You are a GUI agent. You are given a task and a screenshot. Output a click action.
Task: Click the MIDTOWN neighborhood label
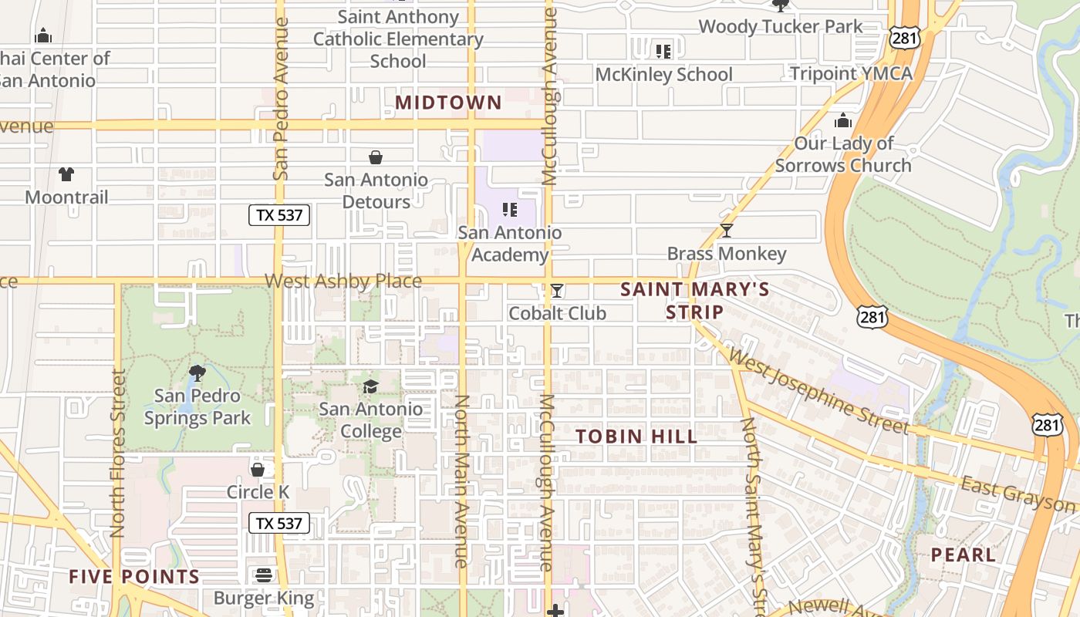(448, 103)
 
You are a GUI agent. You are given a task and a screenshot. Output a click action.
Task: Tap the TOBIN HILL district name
(636, 436)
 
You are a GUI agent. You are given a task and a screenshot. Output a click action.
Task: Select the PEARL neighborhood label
(963, 555)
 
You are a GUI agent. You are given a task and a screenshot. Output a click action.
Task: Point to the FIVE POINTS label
(134, 576)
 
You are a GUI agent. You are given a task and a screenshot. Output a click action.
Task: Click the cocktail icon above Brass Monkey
(726, 231)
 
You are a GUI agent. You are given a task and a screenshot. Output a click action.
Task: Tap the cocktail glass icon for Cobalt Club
(557, 291)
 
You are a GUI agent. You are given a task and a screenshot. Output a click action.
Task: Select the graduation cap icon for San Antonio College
(371, 386)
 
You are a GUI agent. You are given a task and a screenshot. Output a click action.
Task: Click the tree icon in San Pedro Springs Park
(197, 373)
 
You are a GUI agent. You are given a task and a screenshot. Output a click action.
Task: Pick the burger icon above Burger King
(264, 575)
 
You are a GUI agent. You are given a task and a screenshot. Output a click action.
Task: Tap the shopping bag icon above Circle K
(258, 469)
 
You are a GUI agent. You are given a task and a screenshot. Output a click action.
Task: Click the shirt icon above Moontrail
(66, 174)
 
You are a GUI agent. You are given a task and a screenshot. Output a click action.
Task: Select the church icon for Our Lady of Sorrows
(843, 121)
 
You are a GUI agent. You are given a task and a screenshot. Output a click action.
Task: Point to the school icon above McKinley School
(663, 52)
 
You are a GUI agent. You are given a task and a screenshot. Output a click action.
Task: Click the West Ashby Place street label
(343, 282)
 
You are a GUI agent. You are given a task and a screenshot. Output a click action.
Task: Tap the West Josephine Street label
(818, 391)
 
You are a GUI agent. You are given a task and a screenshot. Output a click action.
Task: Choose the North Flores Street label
(117, 453)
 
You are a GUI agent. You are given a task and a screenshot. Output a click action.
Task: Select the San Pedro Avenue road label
(281, 98)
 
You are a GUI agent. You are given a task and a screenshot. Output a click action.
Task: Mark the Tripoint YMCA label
(851, 74)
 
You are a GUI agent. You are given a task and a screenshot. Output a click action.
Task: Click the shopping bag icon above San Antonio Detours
(376, 158)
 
